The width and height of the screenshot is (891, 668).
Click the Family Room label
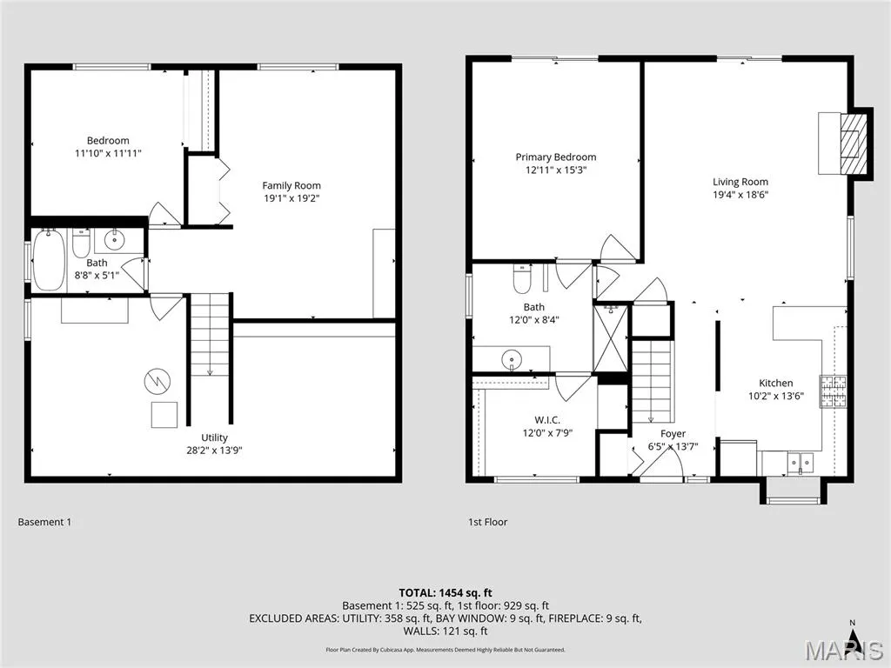tap(291, 186)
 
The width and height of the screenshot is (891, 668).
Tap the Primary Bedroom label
tap(556, 157)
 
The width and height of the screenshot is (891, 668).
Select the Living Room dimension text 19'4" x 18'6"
tap(740, 195)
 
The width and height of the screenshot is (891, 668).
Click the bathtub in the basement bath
tap(49, 259)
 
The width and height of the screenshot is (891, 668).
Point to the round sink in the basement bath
tap(115, 240)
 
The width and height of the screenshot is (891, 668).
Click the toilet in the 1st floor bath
tap(522, 277)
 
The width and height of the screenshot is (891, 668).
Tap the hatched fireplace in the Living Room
tap(854, 144)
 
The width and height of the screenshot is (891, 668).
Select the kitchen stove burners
tap(833, 391)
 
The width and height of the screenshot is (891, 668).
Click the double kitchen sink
tap(801, 463)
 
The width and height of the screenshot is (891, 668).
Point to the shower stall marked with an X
tap(610, 338)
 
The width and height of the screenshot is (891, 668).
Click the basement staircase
tap(210, 335)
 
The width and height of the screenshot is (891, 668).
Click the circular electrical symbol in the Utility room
tap(157, 382)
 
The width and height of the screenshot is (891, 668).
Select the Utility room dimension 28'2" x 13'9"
tap(214, 451)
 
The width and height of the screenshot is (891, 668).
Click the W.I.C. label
tap(547, 420)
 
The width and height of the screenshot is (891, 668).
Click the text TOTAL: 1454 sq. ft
tap(445, 593)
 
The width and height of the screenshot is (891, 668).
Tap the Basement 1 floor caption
tap(45, 522)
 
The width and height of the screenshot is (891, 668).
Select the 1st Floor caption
tap(487, 522)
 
